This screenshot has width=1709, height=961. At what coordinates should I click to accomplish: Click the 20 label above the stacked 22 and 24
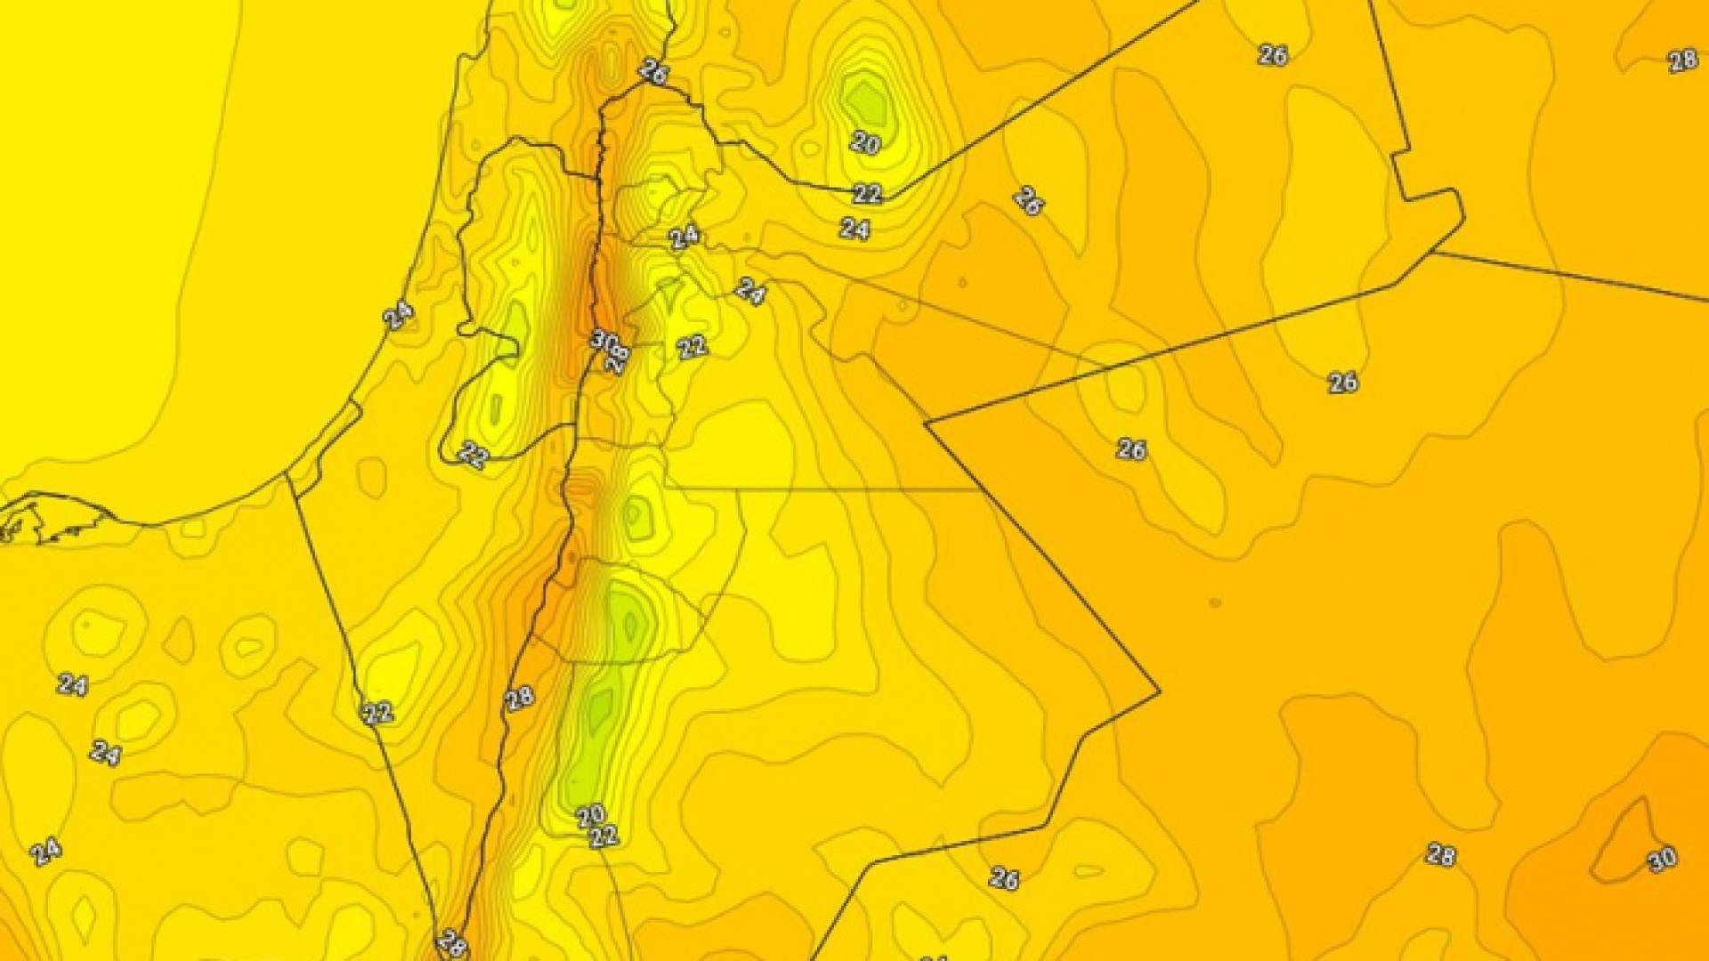[x=865, y=142]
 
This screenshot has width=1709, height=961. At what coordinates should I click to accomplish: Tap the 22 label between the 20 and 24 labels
[x=867, y=193]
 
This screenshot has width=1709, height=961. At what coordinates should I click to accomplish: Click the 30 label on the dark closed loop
[x=1662, y=859]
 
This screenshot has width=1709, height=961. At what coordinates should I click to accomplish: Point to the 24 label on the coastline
[x=398, y=315]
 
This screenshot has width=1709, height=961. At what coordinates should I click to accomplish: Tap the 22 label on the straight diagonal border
[x=377, y=712]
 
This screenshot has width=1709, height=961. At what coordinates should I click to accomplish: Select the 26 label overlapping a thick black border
[x=653, y=72]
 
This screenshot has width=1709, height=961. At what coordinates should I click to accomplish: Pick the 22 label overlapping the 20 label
[x=603, y=836]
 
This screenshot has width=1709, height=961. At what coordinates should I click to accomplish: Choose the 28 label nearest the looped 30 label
[x=1440, y=855]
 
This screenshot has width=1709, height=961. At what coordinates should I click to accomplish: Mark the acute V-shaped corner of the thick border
[x=927, y=423]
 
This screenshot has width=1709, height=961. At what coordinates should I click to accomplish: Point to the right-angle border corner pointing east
[x=1158, y=690]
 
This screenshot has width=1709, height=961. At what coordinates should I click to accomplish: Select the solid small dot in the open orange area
[x=1215, y=603]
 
